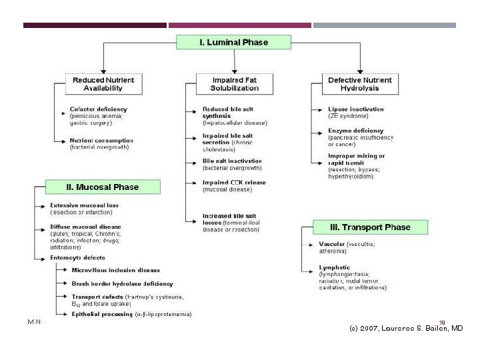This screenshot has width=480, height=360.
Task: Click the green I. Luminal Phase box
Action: tap(233, 42)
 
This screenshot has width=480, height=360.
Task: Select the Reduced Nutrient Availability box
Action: tap(103, 84)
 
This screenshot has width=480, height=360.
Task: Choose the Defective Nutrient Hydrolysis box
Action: tap(360, 84)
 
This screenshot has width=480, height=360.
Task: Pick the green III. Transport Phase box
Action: tap(371, 227)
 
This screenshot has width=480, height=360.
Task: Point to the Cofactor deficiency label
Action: tap(98, 109)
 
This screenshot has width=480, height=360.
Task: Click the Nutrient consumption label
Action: tap(101, 141)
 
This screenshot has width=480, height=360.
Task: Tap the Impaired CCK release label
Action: tap(234, 182)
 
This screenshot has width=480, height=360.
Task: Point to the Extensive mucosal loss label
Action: tap(85, 205)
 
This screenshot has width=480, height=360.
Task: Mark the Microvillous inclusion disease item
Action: tap(115, 270)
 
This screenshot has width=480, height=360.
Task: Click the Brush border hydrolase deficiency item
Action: tap(122, 283)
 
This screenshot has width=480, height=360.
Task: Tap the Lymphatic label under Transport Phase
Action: tap(335, 267)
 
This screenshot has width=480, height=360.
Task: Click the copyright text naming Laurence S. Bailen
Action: tap(406, 328)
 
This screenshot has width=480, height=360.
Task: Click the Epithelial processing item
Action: tap(103, 314)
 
